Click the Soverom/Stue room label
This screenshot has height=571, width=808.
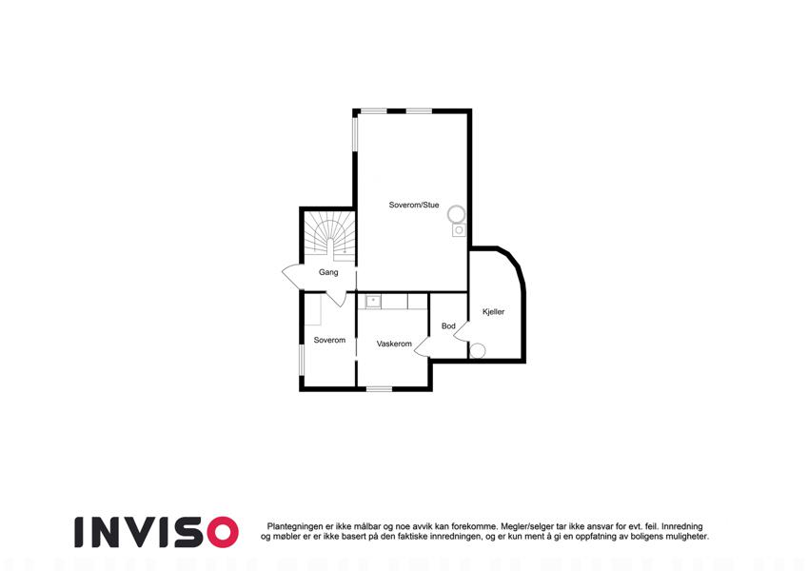[x=414, y=206]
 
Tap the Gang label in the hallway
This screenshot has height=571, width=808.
[x=328, y=272]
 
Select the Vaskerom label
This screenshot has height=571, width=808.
[x=394, y=344]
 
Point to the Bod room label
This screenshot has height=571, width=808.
[x=448, y=326]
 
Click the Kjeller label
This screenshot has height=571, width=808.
[x=493, y=312]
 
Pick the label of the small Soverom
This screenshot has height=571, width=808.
[x=329, y=340]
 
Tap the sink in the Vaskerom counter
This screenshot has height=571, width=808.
[x=373, y=301]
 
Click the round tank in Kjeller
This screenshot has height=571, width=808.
[x=478, y=351]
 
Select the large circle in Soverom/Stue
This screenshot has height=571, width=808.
[x=457, y=214]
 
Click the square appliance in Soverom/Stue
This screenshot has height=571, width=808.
[x=459, y=230]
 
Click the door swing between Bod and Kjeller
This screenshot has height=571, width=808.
[x=462, y=331]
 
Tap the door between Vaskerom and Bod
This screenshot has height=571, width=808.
[x=422, y=346]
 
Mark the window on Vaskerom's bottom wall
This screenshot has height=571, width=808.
[x=380, y=388]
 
